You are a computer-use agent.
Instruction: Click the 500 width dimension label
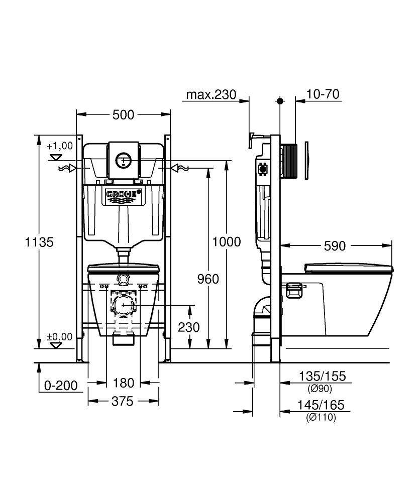coord(123,114)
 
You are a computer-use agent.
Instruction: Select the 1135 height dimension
coord(39,242)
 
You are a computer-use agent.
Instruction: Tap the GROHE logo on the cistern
coord(123,194)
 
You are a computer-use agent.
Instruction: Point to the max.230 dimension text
coord(211,94)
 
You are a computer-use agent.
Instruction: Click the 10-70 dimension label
coord(323,94)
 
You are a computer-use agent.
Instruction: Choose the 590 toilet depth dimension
coord(335,246)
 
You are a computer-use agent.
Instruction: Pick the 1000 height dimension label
coord(227,242)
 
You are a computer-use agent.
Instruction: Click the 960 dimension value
coord(208,279)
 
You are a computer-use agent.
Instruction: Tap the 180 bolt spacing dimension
coord(124,383)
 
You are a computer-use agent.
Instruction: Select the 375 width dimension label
coord(123,401)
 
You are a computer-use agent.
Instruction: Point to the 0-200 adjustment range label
coord(61,386)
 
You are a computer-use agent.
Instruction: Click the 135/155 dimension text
coord(322,376)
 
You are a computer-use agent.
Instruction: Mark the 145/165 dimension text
coord(321,405)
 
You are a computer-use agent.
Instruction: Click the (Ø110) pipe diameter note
coord(321,417)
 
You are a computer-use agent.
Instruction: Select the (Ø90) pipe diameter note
coord(320,389)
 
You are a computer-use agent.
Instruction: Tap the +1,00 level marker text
coord(60,146)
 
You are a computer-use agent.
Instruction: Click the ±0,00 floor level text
coord(60,336)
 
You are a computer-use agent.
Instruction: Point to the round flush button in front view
coord(123,160)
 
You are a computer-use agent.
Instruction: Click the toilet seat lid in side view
coord(349,268)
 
